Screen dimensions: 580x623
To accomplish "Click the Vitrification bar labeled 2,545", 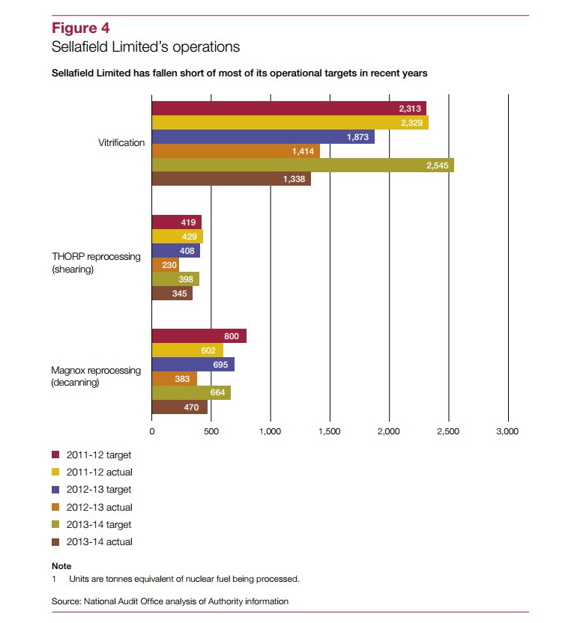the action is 303,165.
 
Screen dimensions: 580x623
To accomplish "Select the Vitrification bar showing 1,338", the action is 232,179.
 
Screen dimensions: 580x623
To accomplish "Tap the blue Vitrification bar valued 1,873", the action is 263,137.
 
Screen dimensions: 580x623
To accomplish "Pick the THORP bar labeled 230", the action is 166,264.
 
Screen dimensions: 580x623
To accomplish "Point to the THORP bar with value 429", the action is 178,237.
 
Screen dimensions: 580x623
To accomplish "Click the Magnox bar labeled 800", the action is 199,335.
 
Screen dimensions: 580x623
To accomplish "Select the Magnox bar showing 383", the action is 175,379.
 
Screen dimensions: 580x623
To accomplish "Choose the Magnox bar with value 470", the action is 180,407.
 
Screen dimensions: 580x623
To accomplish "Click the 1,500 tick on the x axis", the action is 330,431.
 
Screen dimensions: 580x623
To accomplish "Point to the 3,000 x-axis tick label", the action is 507,431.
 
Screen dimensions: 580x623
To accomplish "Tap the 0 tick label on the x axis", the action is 152,431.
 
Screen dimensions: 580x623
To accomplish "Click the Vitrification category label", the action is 121,142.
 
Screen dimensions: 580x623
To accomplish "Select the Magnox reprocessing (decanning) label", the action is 96,376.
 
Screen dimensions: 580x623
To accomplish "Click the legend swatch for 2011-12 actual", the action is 55,472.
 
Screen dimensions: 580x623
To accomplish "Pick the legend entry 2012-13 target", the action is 91,490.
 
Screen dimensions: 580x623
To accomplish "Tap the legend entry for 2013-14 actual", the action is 92,542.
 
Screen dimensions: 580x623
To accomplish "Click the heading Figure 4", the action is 81,28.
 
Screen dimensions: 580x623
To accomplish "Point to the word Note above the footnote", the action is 61,566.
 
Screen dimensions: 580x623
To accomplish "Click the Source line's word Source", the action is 67,601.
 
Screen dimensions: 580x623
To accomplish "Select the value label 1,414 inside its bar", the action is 303,151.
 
